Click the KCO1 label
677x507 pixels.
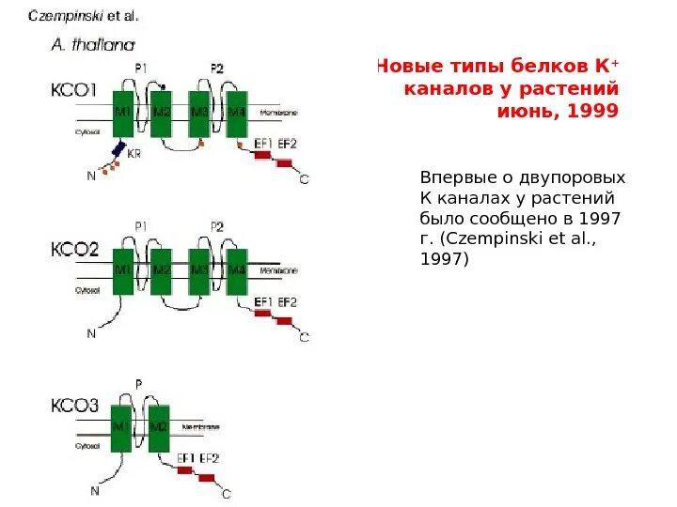(73, 91)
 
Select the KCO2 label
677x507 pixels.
(73, 250)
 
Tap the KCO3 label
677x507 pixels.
(73, 407)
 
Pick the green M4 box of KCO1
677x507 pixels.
(235, 115)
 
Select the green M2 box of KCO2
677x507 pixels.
(162, 272)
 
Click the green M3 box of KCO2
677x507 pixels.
(199, 272)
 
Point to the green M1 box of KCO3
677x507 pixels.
(121, 427)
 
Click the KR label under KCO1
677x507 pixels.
(134, 154)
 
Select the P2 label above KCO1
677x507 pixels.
(217, 69)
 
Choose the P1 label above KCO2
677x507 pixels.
(141, 226)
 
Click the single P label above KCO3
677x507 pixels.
(139, 384)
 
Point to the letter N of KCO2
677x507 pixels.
(91, 332)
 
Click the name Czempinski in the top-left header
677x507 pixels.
(66, 16)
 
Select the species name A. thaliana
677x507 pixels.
(91, 43)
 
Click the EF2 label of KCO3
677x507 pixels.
(209, 458)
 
